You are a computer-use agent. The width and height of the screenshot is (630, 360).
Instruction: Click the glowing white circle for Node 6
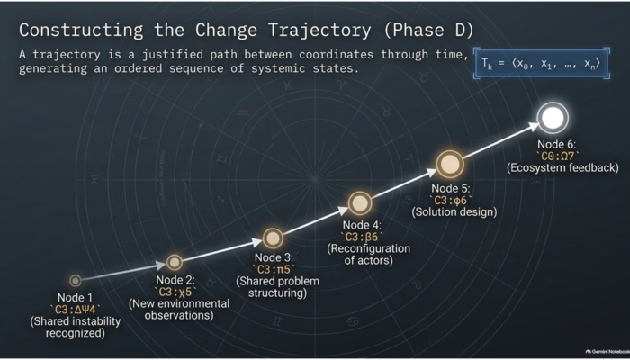553,118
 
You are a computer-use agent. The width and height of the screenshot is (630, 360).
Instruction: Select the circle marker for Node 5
450,164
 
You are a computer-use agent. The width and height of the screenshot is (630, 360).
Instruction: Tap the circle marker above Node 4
360,203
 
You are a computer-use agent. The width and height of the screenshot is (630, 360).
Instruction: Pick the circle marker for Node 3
273,238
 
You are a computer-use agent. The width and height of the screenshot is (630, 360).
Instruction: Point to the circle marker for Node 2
175,262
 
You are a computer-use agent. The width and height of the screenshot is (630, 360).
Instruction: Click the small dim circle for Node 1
75,281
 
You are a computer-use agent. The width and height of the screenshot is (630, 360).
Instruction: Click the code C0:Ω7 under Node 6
558,157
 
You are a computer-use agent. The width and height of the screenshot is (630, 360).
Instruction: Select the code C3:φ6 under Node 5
450,200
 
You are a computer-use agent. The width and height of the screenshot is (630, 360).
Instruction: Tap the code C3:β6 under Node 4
362,237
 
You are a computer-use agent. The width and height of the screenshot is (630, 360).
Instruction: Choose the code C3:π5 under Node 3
274,269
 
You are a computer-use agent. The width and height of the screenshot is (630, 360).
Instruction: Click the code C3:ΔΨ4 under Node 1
75,309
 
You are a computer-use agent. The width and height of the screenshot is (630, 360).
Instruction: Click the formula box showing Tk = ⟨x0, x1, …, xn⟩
542,63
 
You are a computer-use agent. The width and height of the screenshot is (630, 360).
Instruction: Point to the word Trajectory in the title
319,30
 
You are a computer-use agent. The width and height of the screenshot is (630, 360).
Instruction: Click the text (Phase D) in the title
428,30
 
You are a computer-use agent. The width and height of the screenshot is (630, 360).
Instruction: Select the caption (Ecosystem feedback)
562,168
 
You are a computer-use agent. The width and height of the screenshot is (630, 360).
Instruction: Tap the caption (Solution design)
454,211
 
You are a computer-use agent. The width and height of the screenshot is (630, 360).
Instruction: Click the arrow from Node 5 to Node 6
501,140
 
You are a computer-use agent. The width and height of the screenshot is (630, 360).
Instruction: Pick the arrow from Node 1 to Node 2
124,272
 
